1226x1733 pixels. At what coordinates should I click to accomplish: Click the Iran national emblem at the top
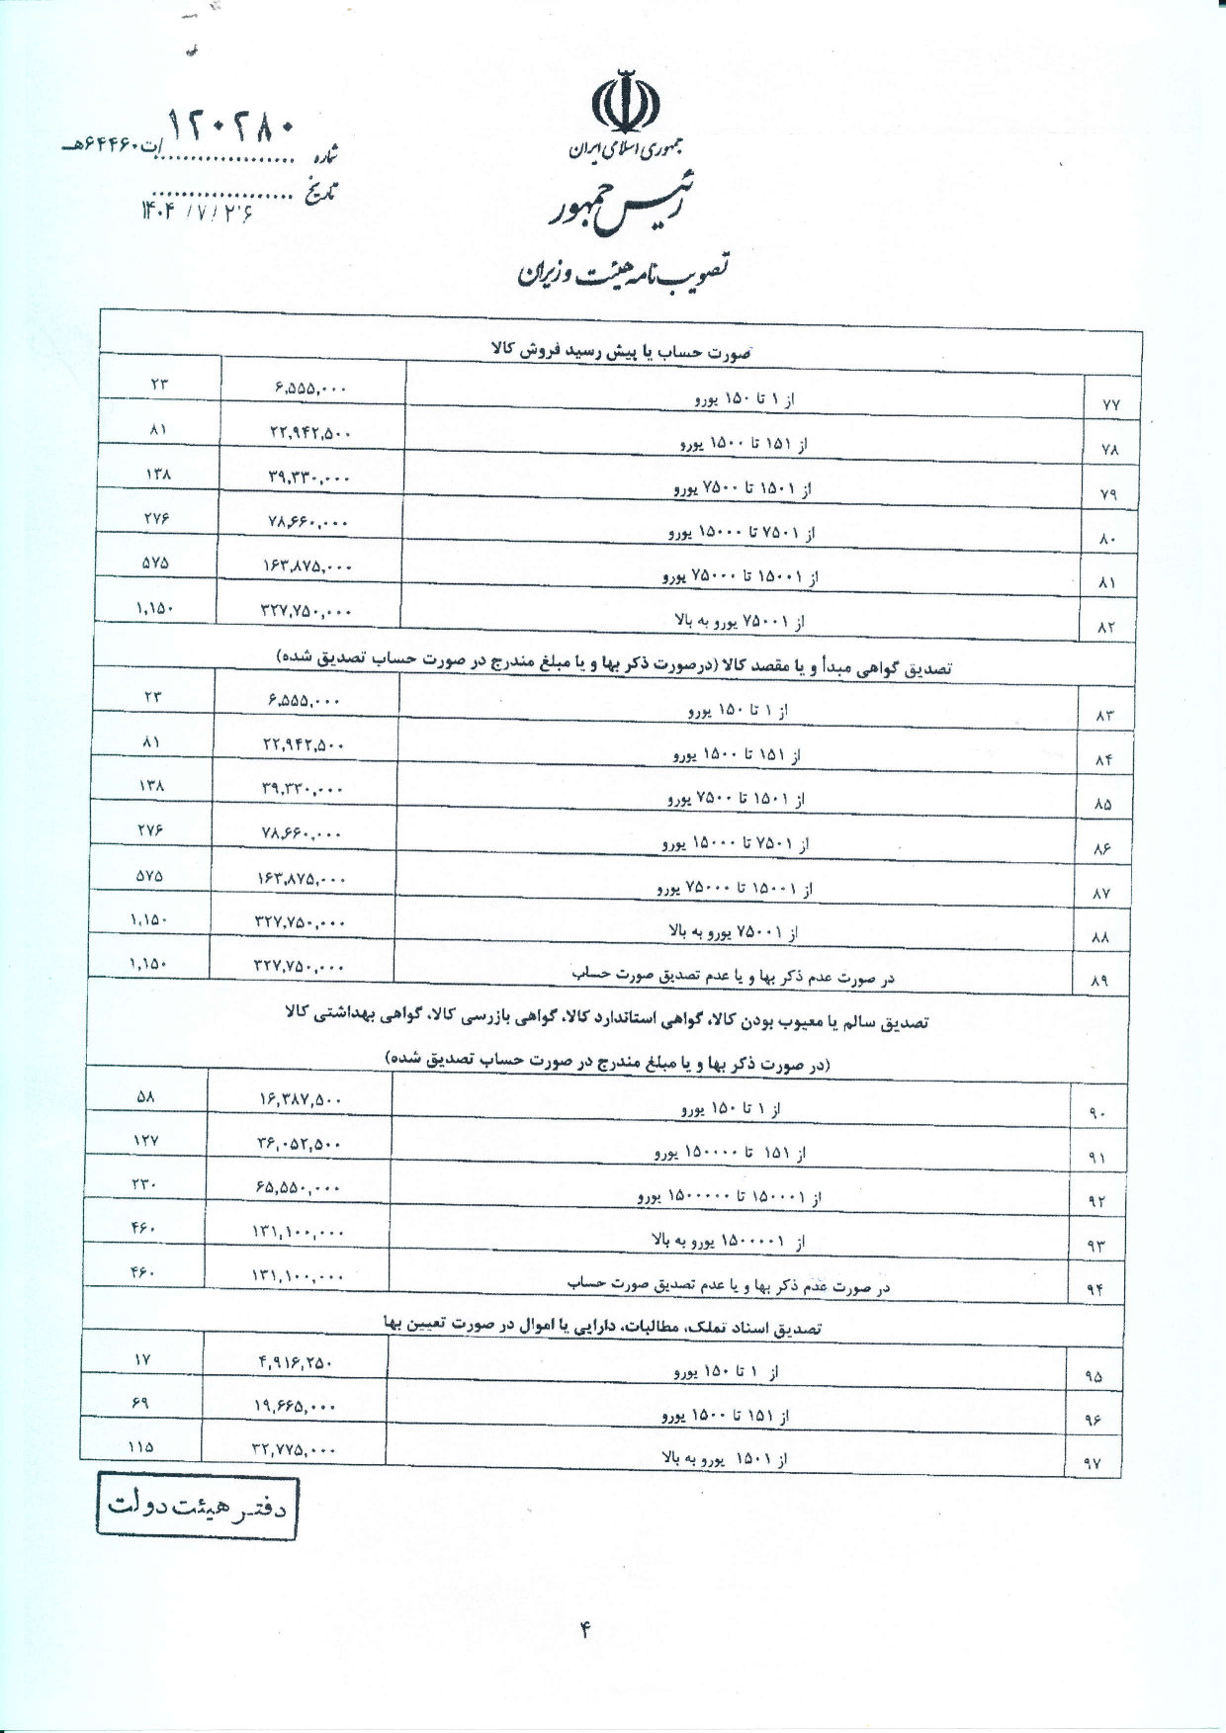coord(624,102)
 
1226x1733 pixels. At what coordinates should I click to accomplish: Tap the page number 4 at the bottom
coord(584,1631)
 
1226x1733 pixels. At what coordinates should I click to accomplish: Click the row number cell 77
coord(1106,404)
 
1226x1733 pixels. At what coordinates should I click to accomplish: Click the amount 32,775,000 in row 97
coord(295,1450)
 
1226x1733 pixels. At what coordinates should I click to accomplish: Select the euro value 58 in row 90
coord(146,1096)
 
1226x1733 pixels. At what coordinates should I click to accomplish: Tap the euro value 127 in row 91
coord(146,1141)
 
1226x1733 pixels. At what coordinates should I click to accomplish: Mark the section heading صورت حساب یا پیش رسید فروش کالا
coord(622,351)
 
